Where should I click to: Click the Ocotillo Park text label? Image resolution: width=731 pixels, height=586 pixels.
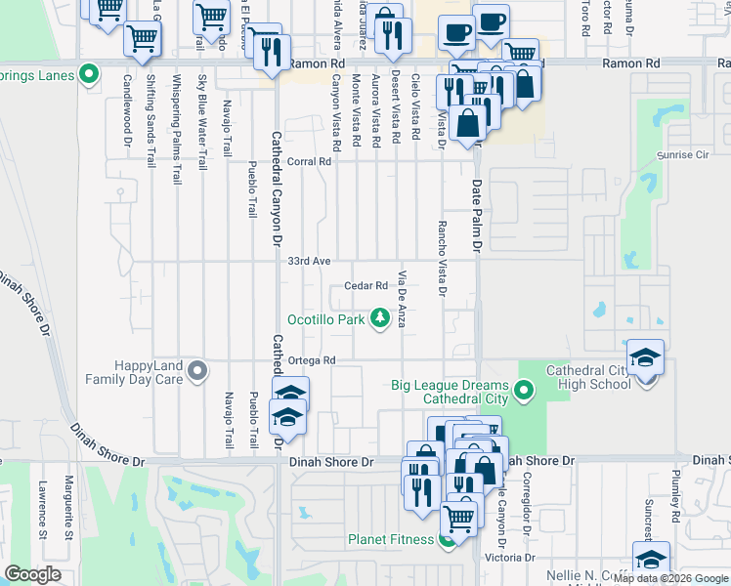tap(325, 319)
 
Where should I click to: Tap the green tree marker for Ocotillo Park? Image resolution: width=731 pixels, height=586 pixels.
tap(379, 319)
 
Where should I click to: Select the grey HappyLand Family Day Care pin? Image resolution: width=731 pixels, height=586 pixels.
tap(198, 371)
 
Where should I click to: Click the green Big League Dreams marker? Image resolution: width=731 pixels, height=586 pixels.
tap(525, 393)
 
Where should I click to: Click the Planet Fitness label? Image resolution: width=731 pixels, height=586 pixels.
tap(391, 539)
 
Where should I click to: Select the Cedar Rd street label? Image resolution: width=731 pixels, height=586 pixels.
tap(366, 286)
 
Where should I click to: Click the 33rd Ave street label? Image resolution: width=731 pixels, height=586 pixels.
tap(309, 262)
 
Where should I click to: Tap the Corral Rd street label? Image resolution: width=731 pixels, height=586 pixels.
tap(309, 162)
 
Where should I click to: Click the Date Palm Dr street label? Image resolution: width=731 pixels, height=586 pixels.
tap(478, 217)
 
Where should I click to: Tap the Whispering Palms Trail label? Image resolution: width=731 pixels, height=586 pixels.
tap(177, 130)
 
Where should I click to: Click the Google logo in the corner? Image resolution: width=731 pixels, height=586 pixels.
tap(32, 574)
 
